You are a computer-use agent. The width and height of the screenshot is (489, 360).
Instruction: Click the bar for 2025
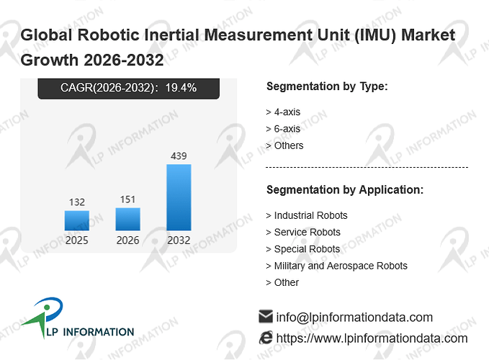(77, 220)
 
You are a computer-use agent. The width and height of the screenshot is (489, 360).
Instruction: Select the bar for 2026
(128, 219)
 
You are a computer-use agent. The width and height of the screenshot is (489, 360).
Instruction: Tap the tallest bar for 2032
(179, 197)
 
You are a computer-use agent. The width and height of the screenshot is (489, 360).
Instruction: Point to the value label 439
(179, 156)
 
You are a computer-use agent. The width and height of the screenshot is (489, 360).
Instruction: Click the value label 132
(77, 202)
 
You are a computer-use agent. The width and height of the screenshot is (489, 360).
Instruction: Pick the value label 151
(128, 199)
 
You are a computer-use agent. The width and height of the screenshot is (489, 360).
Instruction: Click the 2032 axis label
(179, 240)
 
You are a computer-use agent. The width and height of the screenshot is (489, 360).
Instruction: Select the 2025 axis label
(77, 240)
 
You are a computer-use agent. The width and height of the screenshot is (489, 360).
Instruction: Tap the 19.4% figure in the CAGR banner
(181, 88)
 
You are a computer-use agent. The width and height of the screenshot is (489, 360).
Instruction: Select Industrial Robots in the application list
(310, 215)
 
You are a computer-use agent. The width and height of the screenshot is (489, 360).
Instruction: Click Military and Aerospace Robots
(341, 266)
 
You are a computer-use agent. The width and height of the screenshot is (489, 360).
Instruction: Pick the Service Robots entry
(308, 233)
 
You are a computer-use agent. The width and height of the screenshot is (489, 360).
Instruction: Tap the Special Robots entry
(307, 249)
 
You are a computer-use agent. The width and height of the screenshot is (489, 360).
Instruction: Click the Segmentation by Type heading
(327, 86)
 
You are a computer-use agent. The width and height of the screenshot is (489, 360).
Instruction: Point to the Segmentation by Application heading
(345, 190)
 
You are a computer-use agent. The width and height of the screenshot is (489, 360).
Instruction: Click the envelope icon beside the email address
(266, 316)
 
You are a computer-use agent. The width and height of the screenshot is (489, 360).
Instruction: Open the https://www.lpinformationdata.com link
(372, 338)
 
